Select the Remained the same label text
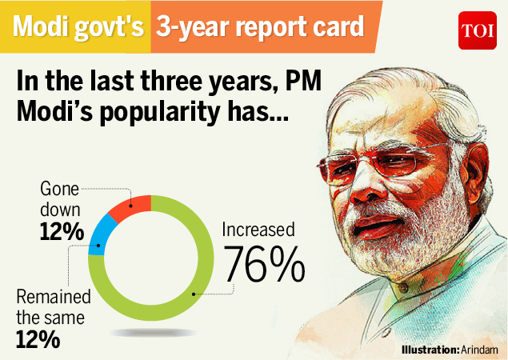click(x=53, y=307)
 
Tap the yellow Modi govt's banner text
click(x=77, y=29)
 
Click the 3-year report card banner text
click(x=258, y=29)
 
